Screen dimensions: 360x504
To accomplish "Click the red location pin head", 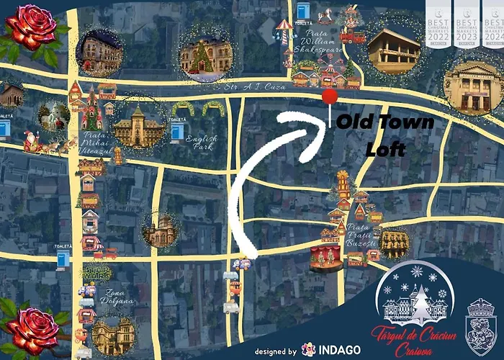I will (330, 99).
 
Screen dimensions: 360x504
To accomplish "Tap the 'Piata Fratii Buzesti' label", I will (361, 235).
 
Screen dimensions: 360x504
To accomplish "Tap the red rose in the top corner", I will (30, 27).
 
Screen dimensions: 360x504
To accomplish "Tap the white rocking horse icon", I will (326, 14).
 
